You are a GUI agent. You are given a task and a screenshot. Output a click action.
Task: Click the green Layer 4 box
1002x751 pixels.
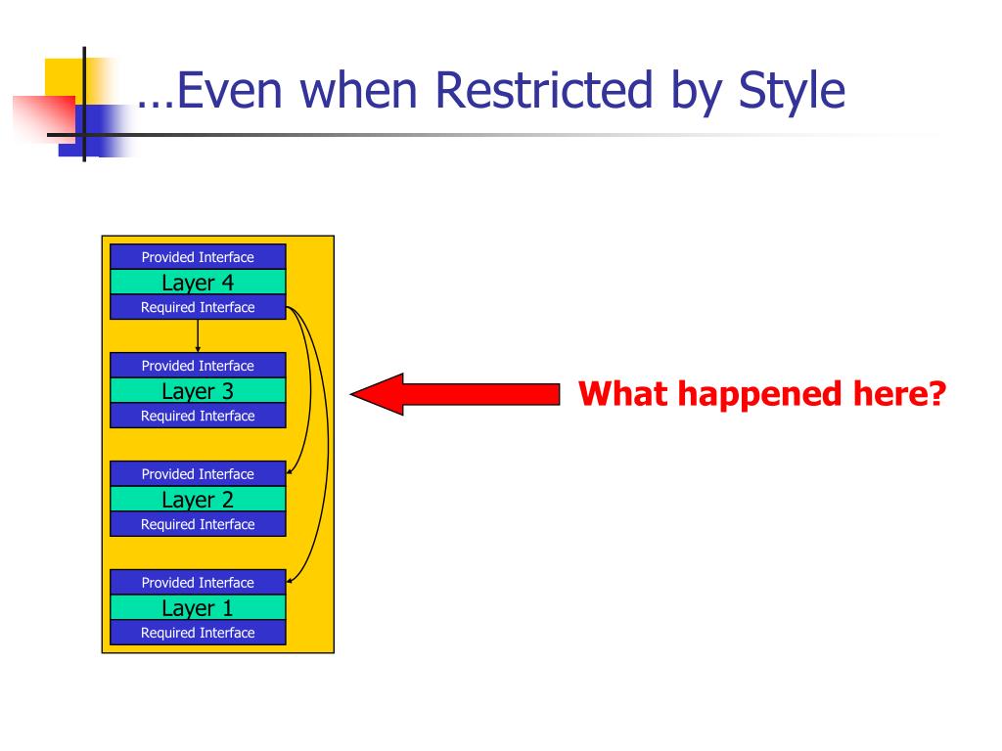[x=198, y=282]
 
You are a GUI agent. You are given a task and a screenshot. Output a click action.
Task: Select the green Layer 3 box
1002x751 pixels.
[x=198, y=390]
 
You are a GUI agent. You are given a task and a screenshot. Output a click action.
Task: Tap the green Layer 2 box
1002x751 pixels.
[x=198, y=499]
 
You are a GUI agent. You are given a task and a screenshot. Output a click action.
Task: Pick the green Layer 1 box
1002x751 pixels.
[x=198, y=607]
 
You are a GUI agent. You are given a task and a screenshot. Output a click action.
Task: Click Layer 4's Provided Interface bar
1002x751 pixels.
[x=198, y=257]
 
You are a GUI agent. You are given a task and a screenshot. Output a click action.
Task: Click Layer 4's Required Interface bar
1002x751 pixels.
[x=198, y=307]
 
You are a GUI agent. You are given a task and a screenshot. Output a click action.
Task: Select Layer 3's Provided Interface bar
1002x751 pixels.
[x=198, y=366]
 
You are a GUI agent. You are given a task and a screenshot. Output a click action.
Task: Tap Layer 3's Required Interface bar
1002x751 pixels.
[x=198, y=416]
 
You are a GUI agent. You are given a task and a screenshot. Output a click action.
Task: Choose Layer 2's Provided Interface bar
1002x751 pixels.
[x=198, y=474]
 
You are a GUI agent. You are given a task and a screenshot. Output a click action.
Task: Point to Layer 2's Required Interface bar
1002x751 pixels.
[x=198, y=524]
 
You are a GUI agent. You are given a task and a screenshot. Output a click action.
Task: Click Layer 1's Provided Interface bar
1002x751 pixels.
[x=198, y=583]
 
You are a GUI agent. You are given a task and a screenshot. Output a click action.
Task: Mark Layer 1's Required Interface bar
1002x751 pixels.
[x=198, y=633]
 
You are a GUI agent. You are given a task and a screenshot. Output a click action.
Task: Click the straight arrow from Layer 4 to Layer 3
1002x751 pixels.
[x=198, y=336]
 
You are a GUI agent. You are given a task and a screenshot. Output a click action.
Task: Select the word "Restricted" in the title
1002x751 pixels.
[x=544, y=90]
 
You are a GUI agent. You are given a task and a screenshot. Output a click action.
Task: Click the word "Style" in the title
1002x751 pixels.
[x=792, y=93]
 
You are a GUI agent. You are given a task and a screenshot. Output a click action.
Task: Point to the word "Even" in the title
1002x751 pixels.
[x=229, y=90]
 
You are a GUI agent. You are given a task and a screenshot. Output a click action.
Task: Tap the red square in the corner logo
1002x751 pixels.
[x=45, y=117]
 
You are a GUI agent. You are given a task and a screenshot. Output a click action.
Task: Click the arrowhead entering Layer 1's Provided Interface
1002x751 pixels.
[x=290, y=580]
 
